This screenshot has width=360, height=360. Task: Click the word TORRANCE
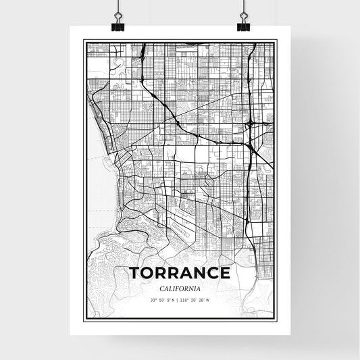click(179, 274)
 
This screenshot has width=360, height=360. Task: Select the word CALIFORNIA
click(180, 289)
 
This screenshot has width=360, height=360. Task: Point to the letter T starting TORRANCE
click(134, 274)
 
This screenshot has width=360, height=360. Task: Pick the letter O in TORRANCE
click(147, 274)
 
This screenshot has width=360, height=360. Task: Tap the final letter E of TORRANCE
click(225, 274)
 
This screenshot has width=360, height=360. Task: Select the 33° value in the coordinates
click(153, 301)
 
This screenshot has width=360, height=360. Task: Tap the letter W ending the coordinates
click(207, 301)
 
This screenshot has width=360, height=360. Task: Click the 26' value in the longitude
click(201, 301)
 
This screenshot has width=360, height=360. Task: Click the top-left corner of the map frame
click(84, 41)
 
